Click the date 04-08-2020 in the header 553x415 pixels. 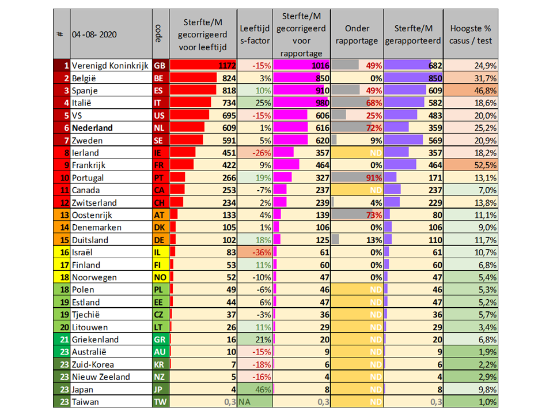tap(94, 34)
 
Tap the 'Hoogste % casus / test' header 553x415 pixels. tap(471, 34)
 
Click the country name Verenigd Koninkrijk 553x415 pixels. tap(111, 66)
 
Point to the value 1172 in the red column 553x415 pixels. tap(224, 66)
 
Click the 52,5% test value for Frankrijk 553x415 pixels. tap(484, 165)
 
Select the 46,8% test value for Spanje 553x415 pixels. tap(484, 90)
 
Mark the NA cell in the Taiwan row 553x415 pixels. tap(245, 402)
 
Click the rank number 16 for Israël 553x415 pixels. tap(65, 252)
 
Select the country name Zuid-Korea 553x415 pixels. tap(93, 364)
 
